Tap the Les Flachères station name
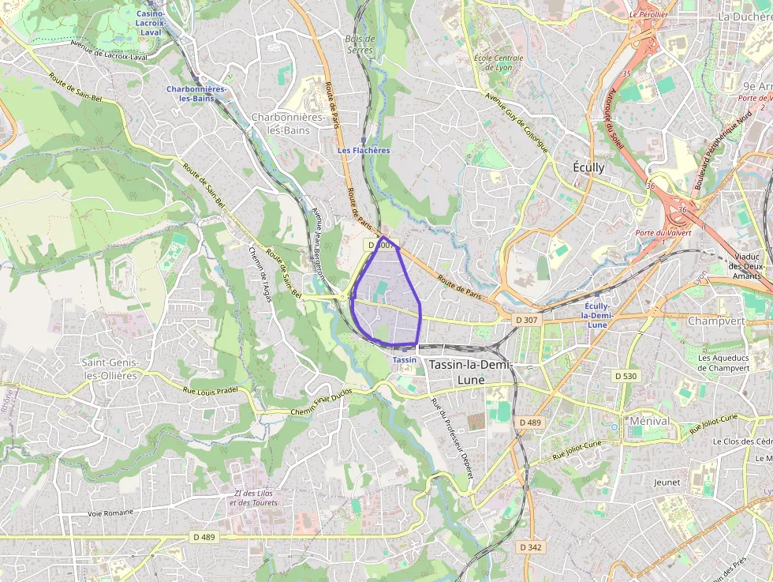coord(364,150)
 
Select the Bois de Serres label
coord(360,44)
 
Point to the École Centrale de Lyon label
coord(498,62)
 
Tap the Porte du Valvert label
coord(663,233)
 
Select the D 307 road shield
coord(527,319)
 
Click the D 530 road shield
coord(625,376)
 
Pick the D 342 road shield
coord(531,546)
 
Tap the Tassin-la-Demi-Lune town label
coord(471,372)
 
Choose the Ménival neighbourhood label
coord(650,421)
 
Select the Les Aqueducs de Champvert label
coord(723,362)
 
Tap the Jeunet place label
coord(667,481)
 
